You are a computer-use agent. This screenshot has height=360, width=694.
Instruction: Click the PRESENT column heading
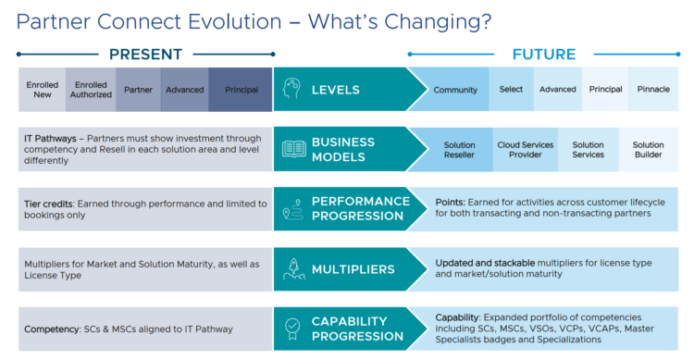145,55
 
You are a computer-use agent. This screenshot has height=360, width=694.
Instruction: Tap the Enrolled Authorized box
91,90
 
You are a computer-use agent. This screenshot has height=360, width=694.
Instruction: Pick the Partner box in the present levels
138,90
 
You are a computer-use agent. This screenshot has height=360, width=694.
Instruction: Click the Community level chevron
453,90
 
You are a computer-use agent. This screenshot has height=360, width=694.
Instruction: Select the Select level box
511,90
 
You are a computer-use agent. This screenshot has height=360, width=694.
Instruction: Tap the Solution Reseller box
459,150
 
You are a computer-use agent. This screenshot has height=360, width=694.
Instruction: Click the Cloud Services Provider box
526,150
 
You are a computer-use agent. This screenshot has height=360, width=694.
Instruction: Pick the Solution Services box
588,150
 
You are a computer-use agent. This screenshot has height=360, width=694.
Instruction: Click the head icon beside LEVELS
293,90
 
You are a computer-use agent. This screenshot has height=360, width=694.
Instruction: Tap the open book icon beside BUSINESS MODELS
293,150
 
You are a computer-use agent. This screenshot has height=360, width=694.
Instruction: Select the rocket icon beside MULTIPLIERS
293,269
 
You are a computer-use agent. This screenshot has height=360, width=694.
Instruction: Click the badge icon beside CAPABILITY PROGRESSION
293,329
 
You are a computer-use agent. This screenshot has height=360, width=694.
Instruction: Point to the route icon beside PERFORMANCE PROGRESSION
293,209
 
